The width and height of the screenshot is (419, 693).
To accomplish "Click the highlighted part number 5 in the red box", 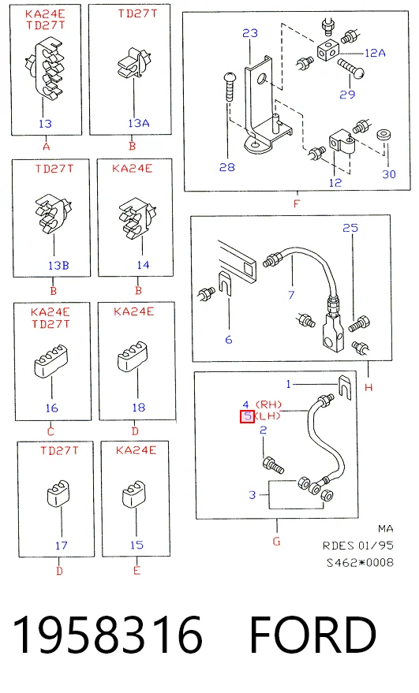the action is [247, 416].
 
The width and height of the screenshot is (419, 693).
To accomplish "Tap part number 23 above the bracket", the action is [250, 33].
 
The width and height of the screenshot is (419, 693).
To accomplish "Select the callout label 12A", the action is [375, 53].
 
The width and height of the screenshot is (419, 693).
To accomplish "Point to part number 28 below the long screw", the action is [227, 167].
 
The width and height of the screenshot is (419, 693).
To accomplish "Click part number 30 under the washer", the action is [389, 174].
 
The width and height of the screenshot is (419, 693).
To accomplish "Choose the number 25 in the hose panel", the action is [350, 228].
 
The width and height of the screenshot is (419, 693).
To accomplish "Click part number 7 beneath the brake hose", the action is [291, 295].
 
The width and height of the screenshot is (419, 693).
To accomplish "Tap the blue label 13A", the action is [139, 123].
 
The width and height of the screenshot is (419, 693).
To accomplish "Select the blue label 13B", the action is [58, 265].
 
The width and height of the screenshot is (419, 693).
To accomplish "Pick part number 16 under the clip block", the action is [52, 408].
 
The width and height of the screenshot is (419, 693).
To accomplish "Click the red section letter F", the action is [297, 203].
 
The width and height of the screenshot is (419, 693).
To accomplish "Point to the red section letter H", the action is [368, 388].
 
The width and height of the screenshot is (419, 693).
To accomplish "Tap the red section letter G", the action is [276, 542].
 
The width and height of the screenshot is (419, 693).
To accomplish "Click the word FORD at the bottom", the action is [313, 635].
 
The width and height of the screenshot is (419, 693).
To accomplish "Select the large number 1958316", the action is [107, 635].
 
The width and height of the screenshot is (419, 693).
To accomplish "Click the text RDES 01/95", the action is [358, 546].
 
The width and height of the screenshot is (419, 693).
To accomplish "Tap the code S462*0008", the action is [360, 563].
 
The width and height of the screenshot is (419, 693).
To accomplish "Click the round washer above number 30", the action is [383, 136].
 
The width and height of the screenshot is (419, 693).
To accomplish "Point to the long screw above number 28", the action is [228, 87].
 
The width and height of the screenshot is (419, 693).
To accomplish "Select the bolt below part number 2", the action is [272, 465].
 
